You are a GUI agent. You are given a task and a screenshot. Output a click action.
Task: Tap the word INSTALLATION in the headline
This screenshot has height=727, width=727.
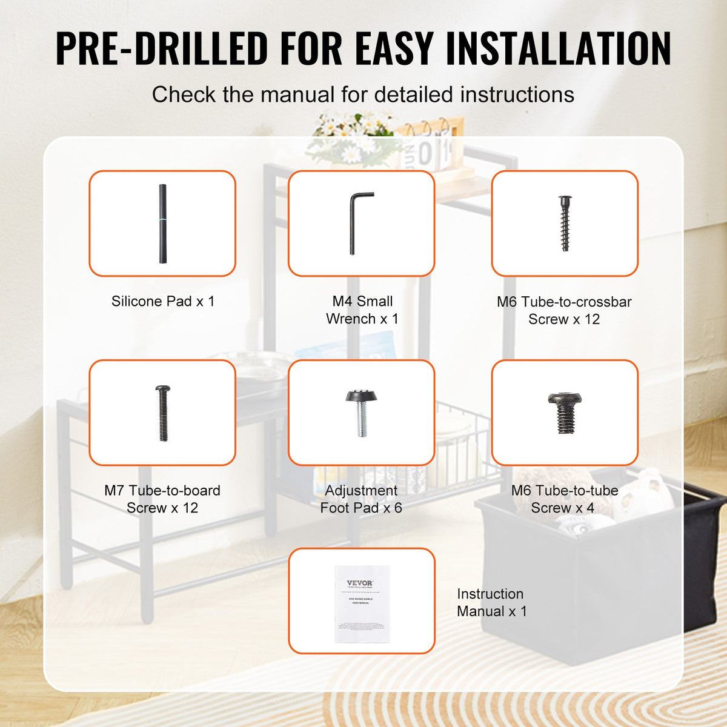tap(558, 48)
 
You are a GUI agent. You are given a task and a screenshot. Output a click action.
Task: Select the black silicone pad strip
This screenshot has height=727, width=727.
tap(162, 224)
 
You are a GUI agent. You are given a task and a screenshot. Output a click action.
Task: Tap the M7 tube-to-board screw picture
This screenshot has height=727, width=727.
tap(162, 413)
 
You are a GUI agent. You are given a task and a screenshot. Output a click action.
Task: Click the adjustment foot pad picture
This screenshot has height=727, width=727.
tap(361, 412)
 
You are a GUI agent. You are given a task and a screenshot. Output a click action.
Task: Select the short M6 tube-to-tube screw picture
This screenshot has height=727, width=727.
tap(565, 412)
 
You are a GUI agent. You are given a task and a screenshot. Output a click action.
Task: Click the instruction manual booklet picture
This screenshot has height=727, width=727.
tap(362, 603)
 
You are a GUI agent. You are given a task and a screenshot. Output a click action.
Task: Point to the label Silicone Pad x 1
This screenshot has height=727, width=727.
tap(163, 301)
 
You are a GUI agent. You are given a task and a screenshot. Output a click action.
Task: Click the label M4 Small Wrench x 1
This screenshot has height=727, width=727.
tap(362, 310)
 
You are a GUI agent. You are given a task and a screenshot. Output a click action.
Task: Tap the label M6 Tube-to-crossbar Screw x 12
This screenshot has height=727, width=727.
tap(564, 310)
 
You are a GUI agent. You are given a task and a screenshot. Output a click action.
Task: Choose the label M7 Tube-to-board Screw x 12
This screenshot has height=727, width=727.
tap(162, 499)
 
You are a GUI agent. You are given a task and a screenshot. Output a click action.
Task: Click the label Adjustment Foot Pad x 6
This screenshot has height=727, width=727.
tap(361, 499)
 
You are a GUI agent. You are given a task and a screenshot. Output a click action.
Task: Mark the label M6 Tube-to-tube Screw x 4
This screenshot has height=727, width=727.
tap(564, 499)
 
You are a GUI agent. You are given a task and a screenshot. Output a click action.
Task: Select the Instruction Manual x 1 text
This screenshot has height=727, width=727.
tap(491, 602)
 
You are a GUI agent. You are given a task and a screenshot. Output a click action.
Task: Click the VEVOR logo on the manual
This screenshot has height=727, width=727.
tap(360, 583)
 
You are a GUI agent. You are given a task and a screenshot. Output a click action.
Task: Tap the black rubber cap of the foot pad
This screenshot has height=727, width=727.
tap(361, 396)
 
